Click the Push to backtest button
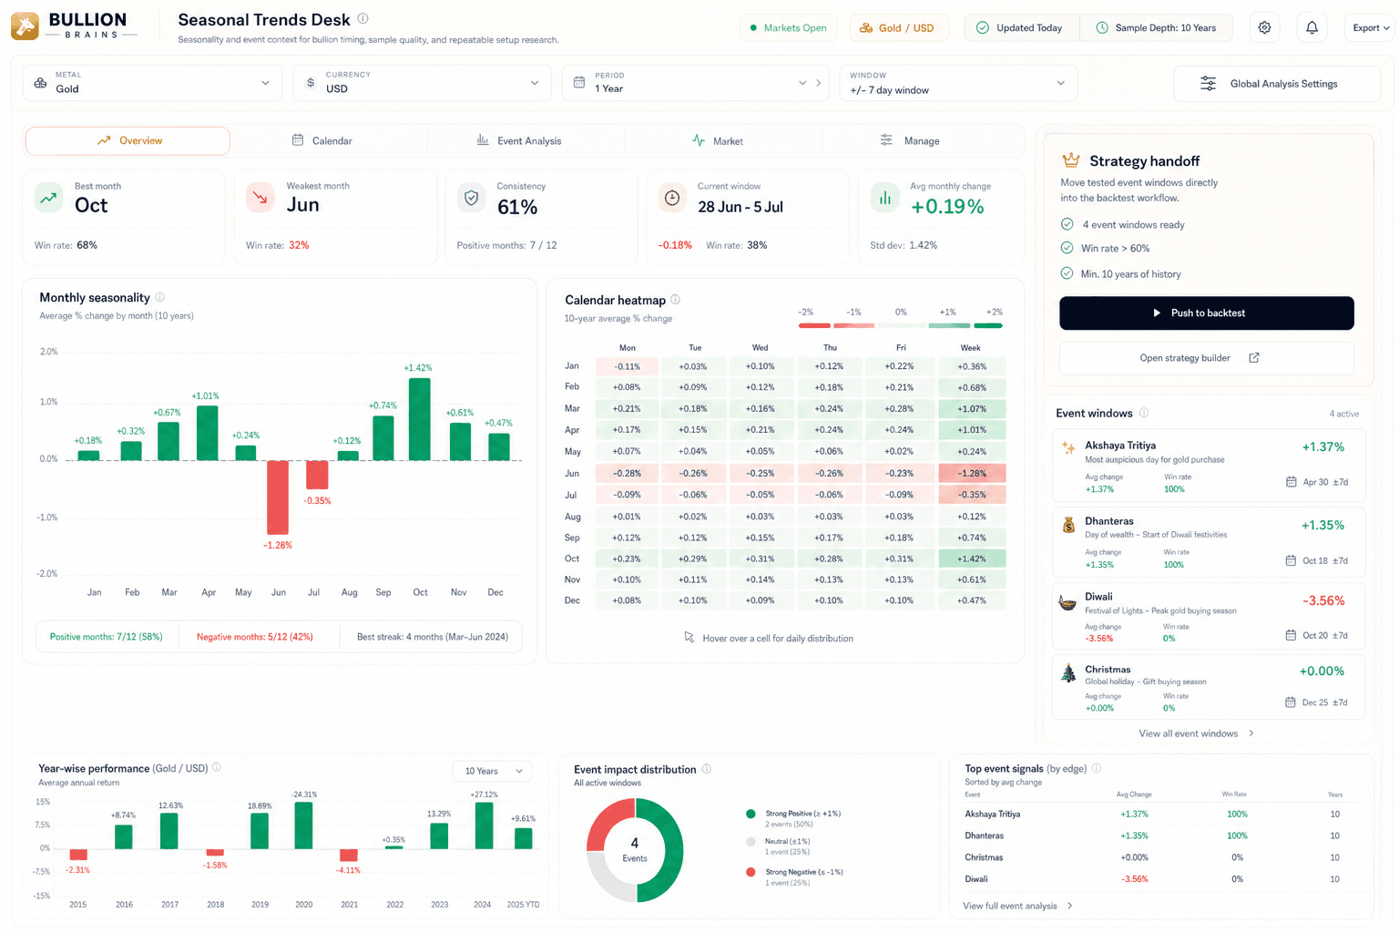click(1206, 313)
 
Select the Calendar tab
click(322, 140)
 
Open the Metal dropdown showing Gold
click(152, 83)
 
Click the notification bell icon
click(1312, 27)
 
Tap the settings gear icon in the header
click(1264, 27)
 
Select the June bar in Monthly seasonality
click(278, 497)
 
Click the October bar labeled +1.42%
click(420, 419)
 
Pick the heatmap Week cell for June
click(972, 473)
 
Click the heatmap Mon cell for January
click(627, 366)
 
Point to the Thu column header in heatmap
click(830, 347)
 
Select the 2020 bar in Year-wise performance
click(303, 825)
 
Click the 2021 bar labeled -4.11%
click(349, 855)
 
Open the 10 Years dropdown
click(492, 771)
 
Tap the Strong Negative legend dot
click(751, 872)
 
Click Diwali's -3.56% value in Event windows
click(1322, 600)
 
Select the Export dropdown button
click(1370, 27)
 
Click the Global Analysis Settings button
click(1277, 84)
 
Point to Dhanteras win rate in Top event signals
click(1237, 836)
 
